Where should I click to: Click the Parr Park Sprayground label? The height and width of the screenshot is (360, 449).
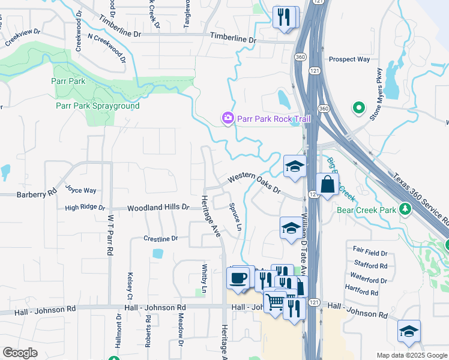point(97,106)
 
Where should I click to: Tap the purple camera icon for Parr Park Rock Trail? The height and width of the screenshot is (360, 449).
point(228,118)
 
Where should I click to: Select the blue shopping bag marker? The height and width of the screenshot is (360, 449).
point(327,185)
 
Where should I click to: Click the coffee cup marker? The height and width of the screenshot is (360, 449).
point(238,278)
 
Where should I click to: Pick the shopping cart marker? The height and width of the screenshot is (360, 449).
point(274,301)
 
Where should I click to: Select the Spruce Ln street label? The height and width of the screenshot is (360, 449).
point(235,216)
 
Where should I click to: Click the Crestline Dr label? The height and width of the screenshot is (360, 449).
point(161,239)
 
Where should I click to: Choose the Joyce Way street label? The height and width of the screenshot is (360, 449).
point(81,191)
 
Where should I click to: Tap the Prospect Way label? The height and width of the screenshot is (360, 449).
point(349,59)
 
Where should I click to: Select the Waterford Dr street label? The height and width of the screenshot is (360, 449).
point(368,280)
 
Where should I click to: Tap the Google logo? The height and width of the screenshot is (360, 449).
point(20,352)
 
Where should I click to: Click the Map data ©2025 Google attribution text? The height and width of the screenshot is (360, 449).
point(412,355)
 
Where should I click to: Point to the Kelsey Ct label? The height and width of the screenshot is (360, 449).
point(130,286)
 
